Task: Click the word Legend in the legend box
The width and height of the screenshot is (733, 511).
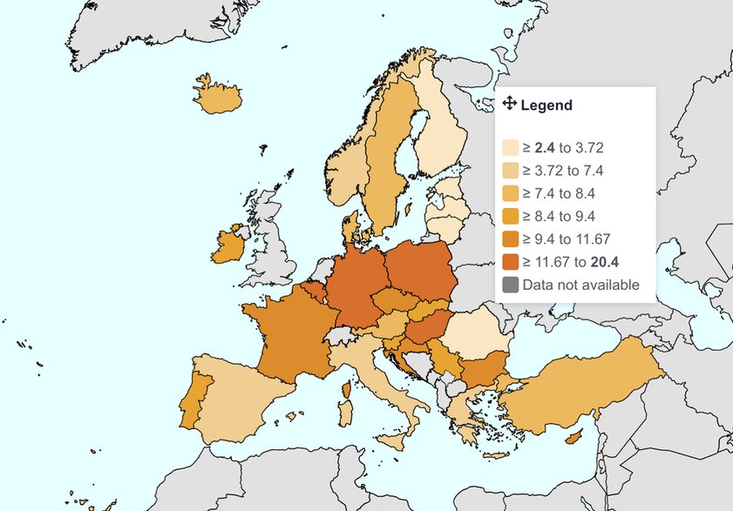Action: pos(546,105)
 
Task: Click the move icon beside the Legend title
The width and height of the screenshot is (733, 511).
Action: pos(510,104)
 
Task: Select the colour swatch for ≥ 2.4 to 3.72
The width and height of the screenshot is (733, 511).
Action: pos(510,148)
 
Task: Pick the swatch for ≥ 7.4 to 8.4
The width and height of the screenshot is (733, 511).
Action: pos(510,193)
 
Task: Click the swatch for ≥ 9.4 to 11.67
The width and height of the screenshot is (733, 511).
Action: pos(510,239)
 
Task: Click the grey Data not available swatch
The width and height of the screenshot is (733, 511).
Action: pos(510,285)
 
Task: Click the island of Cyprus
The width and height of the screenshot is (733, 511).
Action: pos(573,435)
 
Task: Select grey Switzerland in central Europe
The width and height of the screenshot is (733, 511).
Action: pos(342,335)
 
